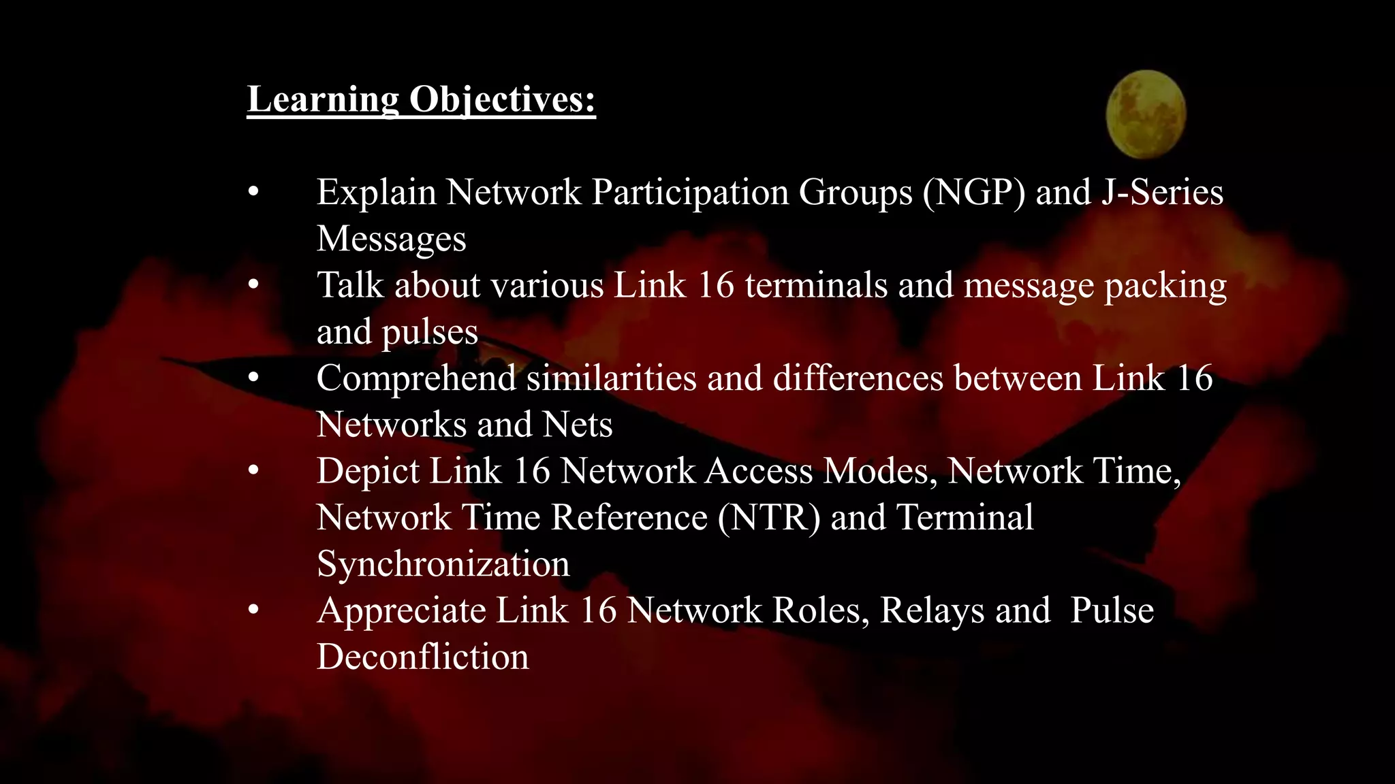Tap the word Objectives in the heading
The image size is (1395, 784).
(502, 99)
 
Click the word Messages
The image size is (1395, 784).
(392, 239)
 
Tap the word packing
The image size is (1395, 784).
(1165, 287)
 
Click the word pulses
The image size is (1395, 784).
(430, 333)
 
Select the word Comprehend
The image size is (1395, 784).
(416, 378)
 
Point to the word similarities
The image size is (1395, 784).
(612, 378)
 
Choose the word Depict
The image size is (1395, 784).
(368, 471)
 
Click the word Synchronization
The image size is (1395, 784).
(443, 564)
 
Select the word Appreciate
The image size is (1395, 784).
(401, 610)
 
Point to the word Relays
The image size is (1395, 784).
(932, 610)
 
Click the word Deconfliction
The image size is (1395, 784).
(422, 657)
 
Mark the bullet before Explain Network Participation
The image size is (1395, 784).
(253, 193)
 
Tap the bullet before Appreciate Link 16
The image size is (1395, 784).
(253, 610)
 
